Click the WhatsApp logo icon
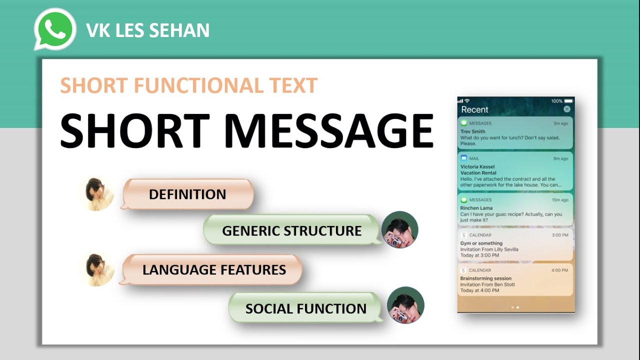tap(55, 29)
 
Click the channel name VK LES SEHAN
tap(148, 31)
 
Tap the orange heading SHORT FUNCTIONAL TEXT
tap(189, 85)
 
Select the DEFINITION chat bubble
tap(187, 194)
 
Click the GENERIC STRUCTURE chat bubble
tap(291, 230)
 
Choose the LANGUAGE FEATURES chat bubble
tap(214, 270)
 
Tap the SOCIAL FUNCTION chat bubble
tap(305, 308)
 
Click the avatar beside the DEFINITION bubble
tap(99, 194)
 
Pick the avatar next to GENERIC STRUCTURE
tap(400, 230)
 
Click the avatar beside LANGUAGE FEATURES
tap(99, 270)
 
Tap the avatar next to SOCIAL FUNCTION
tap(405, 305)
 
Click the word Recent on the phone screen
tap(474, 109)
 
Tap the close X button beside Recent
tap(566, 109)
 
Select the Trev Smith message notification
tap(515, 133)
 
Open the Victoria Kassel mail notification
tap(515, 171)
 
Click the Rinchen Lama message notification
tap(515, 210)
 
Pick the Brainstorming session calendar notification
tap(515, 280)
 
